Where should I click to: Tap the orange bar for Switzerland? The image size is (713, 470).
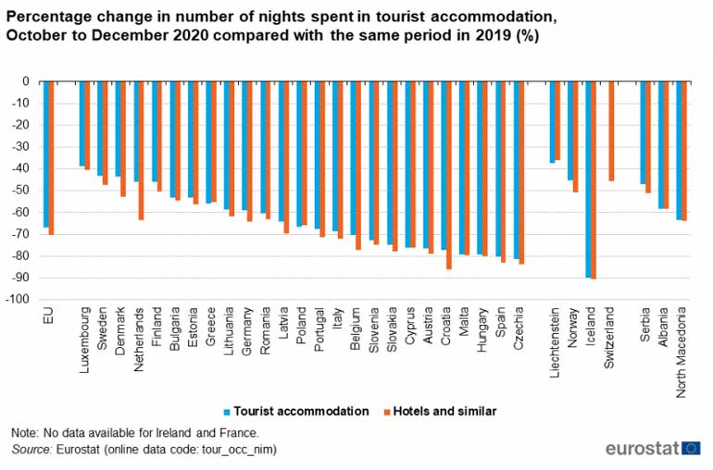click(611, 130)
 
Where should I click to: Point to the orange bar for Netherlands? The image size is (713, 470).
click(141, 150)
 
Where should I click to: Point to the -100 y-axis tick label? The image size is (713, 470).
click(16, 300)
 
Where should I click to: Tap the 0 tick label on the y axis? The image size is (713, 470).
click(26, 81)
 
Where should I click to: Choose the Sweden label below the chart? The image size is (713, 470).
click(104, 332)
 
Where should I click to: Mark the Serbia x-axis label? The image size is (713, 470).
click(645, 329)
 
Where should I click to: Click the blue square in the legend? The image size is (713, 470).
click(226, 411)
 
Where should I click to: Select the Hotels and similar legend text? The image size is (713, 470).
click(443, 411)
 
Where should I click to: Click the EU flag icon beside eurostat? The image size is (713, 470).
click(691, 449)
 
